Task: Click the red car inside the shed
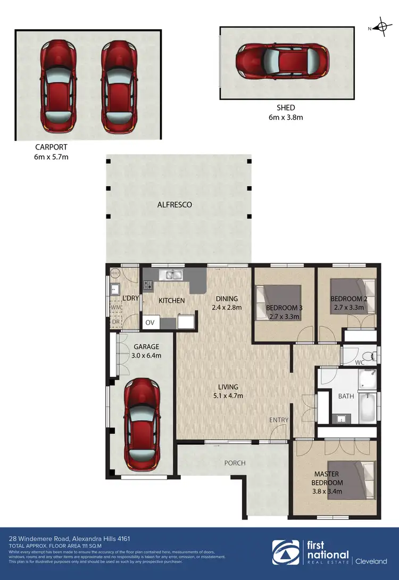tap(286, 63)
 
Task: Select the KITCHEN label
tap(172, 301)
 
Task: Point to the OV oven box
tap(150, 322)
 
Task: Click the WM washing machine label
tap(115, 308)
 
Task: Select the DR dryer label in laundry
tap(115, 322)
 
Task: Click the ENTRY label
tap(278, 420)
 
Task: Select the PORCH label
tap(235, 463)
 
